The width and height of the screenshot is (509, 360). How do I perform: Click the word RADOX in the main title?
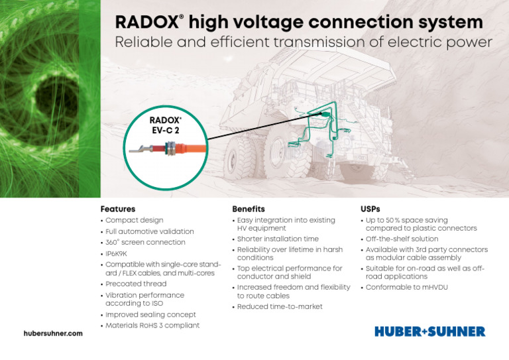click(x=144, y=23)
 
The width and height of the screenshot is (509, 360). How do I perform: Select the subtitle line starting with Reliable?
click(x=304, y=43)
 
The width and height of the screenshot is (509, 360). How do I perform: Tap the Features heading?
click(x=117, y=209)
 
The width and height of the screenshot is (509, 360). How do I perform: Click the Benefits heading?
click(x=249, y=209)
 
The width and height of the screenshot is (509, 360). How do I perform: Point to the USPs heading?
click(x=370, y=209)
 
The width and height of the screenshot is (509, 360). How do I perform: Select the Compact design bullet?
click(x=134, y=220)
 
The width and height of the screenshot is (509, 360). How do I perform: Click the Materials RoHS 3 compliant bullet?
click(x=152, y=325)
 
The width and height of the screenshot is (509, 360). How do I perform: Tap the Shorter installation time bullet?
click(x=278, y=239)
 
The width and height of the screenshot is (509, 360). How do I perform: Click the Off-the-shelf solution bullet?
click(x=402, y=239)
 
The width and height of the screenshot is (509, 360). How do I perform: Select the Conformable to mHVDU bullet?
click(x=407, y=287)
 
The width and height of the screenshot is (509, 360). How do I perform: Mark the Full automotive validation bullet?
click(x=149, y=231)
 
